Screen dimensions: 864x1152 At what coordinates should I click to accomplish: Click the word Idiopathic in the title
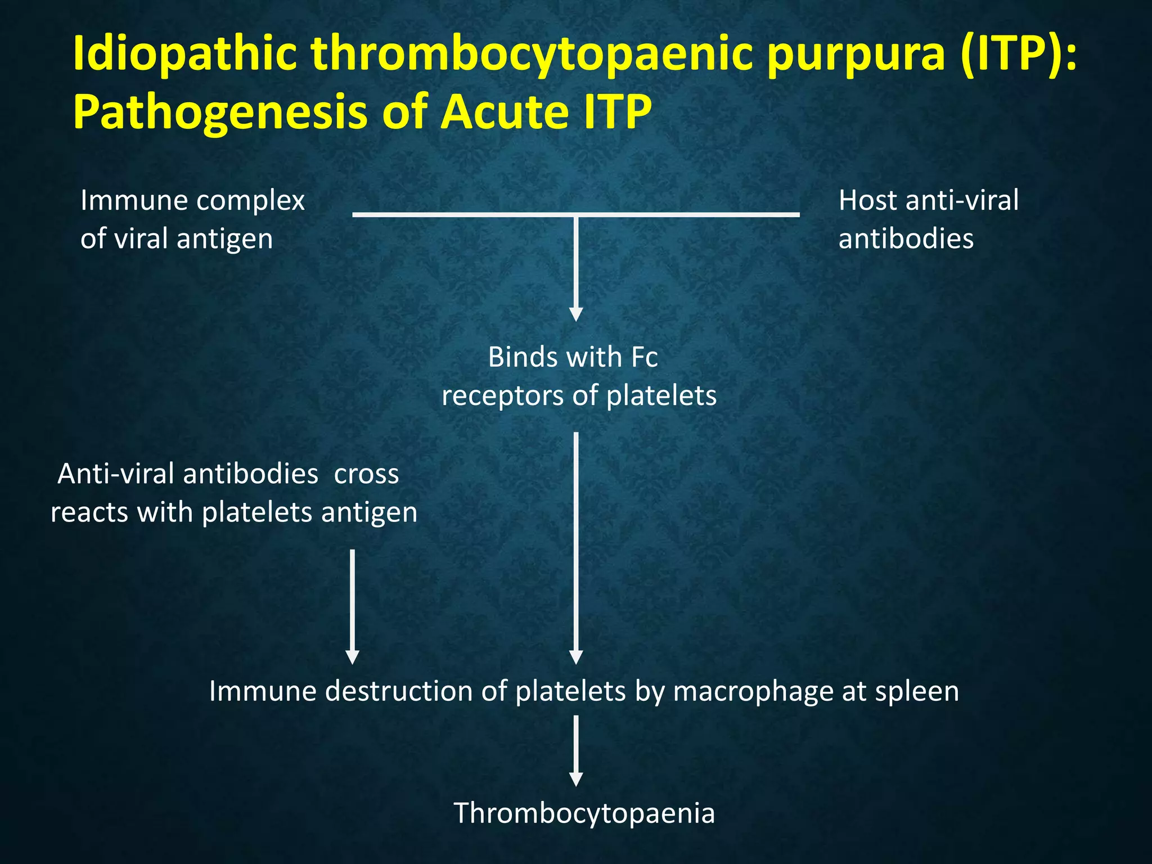[185, 54]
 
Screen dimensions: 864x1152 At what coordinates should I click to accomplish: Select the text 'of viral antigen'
[177, 238]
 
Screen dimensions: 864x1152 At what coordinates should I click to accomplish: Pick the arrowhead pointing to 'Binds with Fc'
[575, 314]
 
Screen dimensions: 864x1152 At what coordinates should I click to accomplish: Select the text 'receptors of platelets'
[579, 395]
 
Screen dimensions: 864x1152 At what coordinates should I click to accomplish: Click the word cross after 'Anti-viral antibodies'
[366, 474]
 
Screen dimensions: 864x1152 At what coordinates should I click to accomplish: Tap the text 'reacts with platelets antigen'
[234, 512]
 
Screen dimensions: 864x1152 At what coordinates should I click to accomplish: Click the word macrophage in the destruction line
[753, 691]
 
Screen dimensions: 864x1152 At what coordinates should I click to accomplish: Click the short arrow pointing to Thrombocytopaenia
[575, 751]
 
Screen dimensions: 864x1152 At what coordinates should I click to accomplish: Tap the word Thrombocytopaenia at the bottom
[584, 813]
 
